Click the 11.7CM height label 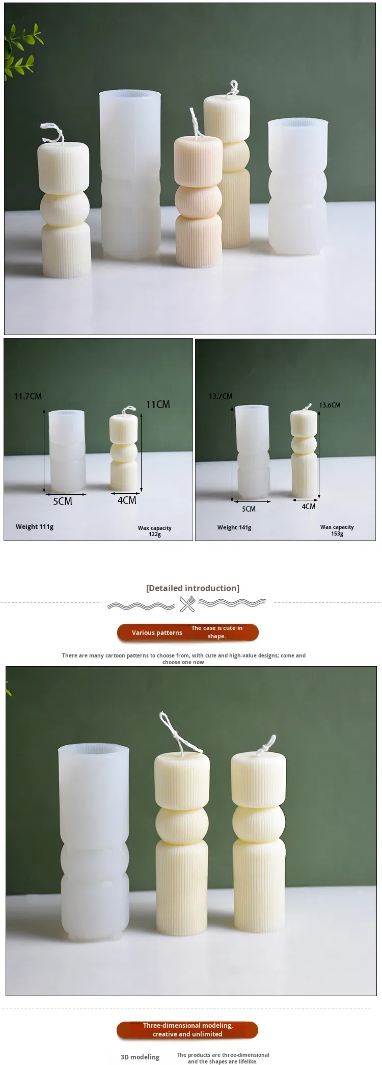pyautogui.click(x=28, y=396)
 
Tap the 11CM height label pyautogui.click(x=158, y=404)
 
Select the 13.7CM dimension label pyautogui.click(x=221, y=396)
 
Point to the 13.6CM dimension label pyautogui.click(x=330, y=405)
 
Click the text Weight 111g pyautogui.click(x=35, y=526)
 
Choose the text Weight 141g pyautogui.click(x=234, y=527)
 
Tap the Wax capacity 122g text pyautogui.click(x=154, y=531)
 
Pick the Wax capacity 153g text pyautogui.click(x=337, y=530)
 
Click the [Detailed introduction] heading pyautogui.click(x=193, y=588)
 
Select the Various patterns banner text pyautogui.click(x=157, y=632)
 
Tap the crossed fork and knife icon pyautogui.click(x=187, y=604)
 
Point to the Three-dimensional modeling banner pyautogui.click(x=187, y=1030)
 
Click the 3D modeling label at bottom pyautogui.click(x=140, y=1057)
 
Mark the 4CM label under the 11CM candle pyautogui.click(x=127, y=500)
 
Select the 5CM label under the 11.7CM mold pyautogui.click(x=63, y=501)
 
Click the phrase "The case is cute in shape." pyautogui.click(x=217, y=632)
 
